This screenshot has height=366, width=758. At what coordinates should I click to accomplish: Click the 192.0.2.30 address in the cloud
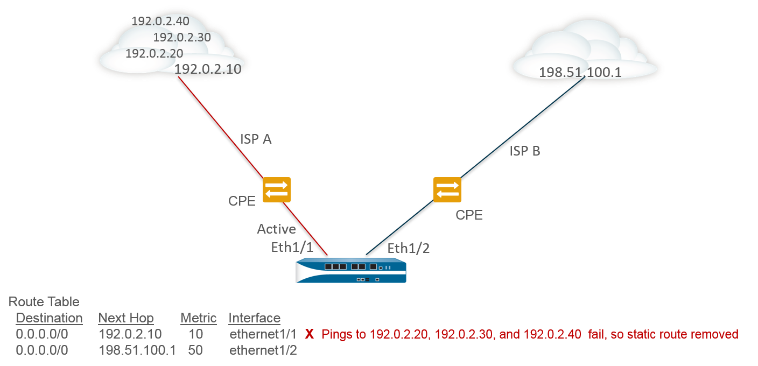click(182, 37)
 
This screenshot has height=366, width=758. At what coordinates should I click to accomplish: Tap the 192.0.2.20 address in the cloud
click(154, 53)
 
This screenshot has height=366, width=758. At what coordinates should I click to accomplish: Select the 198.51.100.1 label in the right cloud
click(580, 72)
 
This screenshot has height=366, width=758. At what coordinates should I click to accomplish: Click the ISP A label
click(256, 139)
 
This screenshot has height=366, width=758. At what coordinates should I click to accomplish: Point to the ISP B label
click(524, 151)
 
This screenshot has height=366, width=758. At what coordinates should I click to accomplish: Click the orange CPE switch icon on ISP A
click(277, 189)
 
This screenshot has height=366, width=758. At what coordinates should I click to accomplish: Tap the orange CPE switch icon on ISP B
click(447, 189)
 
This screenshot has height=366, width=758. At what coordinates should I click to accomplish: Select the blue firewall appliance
click(350, 270)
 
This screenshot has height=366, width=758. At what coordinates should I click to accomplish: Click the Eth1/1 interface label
click(292, 247)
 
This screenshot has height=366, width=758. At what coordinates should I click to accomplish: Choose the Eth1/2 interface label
click(409, 248)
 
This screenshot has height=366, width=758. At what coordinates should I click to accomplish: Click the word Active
click(276, 229)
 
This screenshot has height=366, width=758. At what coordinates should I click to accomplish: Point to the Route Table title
click(44, 302)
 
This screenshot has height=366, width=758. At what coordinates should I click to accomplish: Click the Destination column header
click(49, 318)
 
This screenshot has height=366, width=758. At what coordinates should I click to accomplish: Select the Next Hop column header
click(126, 318)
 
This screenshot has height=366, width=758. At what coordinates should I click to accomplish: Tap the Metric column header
click(199, 318)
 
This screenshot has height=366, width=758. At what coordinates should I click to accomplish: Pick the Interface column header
click(254, 318)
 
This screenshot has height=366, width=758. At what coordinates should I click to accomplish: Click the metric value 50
click(195, 350)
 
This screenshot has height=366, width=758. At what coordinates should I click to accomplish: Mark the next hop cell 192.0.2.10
click(130, 334)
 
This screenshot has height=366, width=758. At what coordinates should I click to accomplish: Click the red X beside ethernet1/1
click(310, 334)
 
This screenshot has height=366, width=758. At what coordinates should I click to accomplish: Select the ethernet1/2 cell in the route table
click(263, 350)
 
